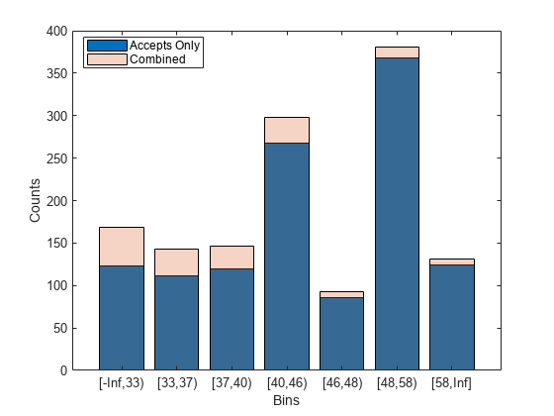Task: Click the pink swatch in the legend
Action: (105, 59)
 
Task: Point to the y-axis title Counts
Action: (36, 200)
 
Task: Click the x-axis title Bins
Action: (286, 400)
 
